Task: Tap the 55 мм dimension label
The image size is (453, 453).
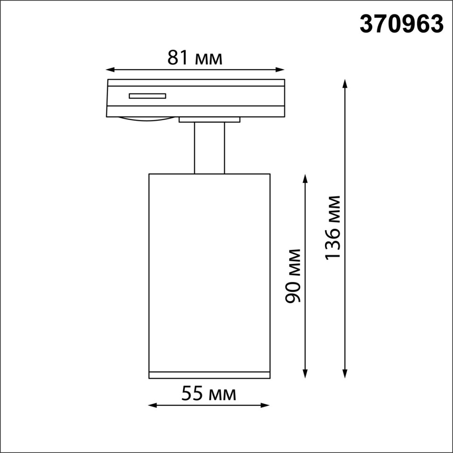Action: [208, 394]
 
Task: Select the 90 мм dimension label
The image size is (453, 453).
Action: [293, 276]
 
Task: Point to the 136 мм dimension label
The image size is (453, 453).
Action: [333, 228]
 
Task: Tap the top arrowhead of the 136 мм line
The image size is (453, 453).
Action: [345, 84]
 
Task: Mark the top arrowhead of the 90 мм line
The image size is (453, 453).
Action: [305, 178]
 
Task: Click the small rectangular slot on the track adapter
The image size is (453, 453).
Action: [148, 96]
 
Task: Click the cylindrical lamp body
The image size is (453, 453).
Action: [209, 271]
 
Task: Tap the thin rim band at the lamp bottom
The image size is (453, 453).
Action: [209, 375]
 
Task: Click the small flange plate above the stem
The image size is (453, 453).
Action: [209, 120]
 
